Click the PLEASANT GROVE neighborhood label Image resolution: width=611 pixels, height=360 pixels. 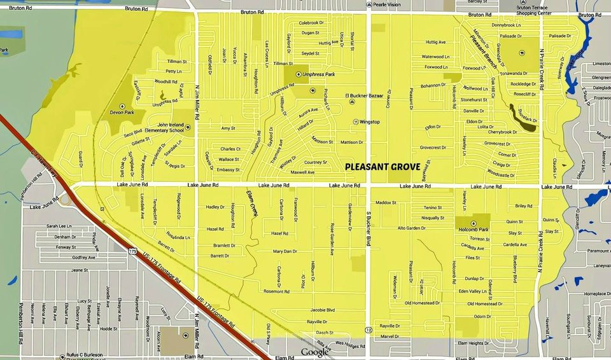tap(383, 167)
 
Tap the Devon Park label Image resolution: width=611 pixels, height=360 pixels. tap(122, 112)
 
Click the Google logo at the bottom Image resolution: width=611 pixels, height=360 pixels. tap(314, 352)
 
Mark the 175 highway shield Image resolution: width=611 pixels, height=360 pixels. tap(132, 252)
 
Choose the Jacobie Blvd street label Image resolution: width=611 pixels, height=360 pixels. tap(322, 310)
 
